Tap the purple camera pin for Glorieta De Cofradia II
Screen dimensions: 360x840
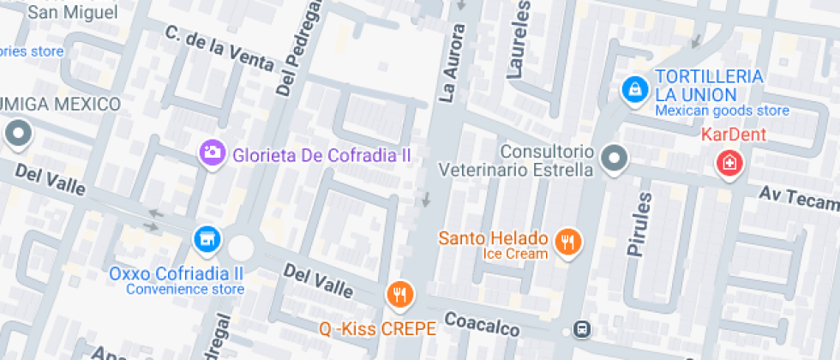[212, 153]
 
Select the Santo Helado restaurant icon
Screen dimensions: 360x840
[567, 242]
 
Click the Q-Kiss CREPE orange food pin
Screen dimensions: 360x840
[399, 296]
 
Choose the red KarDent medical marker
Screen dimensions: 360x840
[730, 163]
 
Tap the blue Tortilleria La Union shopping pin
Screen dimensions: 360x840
[634, 87]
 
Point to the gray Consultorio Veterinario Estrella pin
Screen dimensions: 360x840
[615, 158]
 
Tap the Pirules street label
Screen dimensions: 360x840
[639, 225]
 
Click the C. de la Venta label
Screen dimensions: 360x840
[219, 47]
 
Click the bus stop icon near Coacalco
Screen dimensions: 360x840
[583, 330]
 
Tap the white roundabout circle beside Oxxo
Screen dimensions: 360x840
[241, 248]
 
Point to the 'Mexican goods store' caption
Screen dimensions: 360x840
[722, 111]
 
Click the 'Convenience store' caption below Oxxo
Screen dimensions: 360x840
[185, 289]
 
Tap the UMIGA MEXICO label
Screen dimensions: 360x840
[60, 104]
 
